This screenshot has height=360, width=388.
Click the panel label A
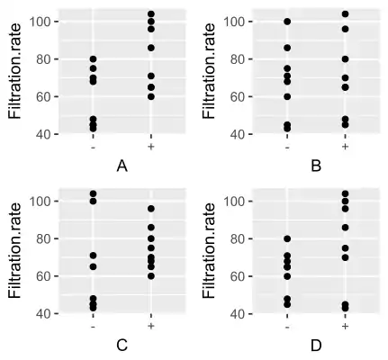point(122,166)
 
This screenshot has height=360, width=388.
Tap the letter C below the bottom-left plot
point(122,346)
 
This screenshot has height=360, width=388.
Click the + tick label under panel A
point(150,146)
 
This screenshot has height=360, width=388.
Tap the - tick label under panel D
point(287,326)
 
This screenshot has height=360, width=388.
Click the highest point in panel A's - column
point(93,59)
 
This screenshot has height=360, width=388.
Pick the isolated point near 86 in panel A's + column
point(150,48)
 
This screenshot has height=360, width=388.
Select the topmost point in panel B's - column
point(287,22)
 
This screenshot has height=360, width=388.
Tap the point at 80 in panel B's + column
point(345,59)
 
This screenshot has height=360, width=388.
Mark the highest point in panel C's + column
point(150,209)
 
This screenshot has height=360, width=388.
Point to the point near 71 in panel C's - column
point(93,256)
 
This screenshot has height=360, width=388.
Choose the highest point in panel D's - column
point(287,238)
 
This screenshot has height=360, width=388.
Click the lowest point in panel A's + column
point(150,96)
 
